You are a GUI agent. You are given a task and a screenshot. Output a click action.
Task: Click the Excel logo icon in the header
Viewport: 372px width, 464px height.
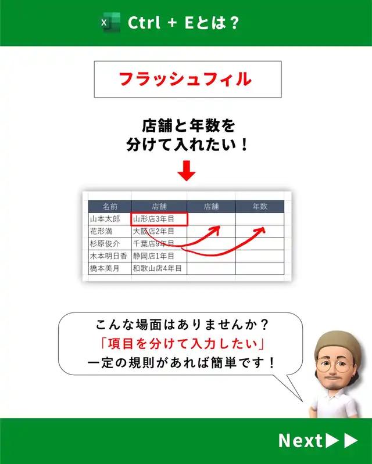(x=110, y=23)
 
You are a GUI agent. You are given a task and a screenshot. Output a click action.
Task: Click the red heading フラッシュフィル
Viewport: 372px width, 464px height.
(x=185, y=80)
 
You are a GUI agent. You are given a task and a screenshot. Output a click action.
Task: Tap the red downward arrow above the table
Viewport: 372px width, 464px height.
(x=187, y=171)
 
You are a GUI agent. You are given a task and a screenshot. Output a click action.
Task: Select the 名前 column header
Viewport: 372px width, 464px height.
(x=110, y=207)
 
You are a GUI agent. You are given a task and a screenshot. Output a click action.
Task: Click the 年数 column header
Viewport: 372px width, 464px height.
(x=260, y=207)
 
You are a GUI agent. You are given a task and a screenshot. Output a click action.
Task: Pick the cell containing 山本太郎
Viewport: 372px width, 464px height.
(x=110, y=219)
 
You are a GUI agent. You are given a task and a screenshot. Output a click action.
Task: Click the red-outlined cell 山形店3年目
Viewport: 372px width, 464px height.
(x=159, y=220)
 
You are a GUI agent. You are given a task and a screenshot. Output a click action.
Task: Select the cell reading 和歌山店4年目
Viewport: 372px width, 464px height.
(x=159, y=268)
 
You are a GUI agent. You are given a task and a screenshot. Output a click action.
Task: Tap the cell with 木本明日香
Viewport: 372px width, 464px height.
(x=110, y=256)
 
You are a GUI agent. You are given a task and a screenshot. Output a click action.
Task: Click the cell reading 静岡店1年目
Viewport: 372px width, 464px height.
(x=159, y=256)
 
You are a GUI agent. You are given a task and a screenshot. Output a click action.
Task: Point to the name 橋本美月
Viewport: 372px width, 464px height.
(x=105, y=268)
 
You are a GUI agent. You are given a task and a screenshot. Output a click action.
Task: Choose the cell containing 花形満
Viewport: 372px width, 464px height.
(x=110, y=231)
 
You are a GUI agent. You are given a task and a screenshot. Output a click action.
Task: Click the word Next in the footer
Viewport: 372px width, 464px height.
(x=301, y=441)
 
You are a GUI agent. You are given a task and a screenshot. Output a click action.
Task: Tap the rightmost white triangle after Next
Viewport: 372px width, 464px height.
(x=350, y=441)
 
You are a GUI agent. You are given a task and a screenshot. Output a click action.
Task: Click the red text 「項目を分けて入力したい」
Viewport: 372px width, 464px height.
(x=182, y=344)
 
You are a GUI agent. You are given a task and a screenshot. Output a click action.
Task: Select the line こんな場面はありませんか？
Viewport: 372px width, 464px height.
(x=182, y=325)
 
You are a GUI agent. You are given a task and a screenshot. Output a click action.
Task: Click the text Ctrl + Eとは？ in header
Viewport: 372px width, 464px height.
(x=183, y=23)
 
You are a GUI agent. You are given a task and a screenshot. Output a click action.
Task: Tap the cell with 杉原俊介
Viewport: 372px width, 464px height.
(x=110, y=243)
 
